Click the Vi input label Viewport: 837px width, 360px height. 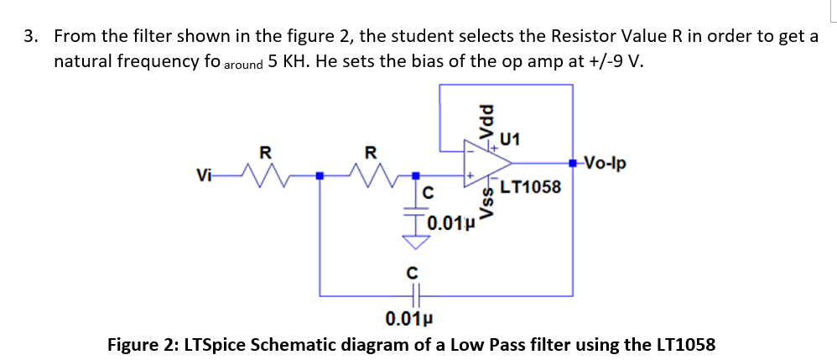[x=203, y=175]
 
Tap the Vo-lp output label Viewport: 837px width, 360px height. [x=605, y=162]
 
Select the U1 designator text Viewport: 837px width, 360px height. [x=509, y=140]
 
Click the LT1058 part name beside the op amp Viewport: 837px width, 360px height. [x=531, y=187]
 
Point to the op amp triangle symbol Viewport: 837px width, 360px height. [x=486, y=163]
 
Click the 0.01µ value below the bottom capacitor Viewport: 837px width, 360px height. [x=409, y=320]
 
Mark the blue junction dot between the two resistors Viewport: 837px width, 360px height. [x=320, y=175]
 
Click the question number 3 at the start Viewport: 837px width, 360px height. [x=30, y=36]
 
